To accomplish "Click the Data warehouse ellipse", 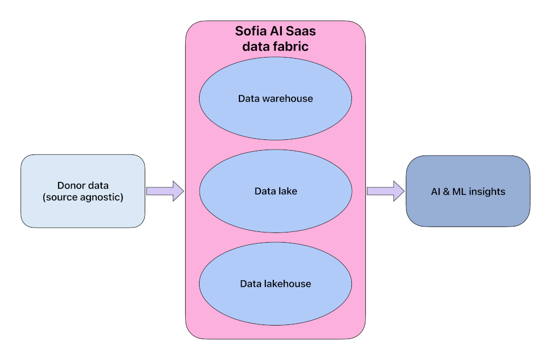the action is coord(275,98).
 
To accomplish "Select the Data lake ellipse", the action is coord(275,191).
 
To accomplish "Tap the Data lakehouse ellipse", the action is coord(275,284).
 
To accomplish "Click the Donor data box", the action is coord(83,191).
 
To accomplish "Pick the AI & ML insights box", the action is coord(468,191).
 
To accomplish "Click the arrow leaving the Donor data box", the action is coord(165,191).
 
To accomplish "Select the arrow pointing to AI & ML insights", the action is coord(385,191).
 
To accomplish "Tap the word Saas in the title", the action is coord(301,31).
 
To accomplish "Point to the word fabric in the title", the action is coord(291,46).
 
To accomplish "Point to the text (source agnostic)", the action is coord(83,197).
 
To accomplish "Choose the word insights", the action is coord(487,192).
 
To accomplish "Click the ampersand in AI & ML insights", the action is coord(446,192).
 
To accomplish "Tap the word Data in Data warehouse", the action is coord(249,98).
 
